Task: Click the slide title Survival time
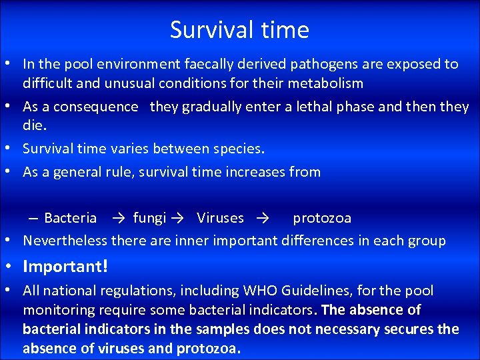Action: tap(239, 30)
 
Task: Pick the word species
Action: tap(237, 149)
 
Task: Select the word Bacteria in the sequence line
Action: tap(70, 218)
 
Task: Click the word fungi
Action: tap(149, 218)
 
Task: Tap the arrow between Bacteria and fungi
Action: tap(119, 218)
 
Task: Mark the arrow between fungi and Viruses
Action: tap(177, 218)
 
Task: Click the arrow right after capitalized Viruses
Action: tap(261, 218)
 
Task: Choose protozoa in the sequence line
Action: tap(322, 218)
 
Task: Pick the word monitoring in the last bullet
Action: tap(58, 310)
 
